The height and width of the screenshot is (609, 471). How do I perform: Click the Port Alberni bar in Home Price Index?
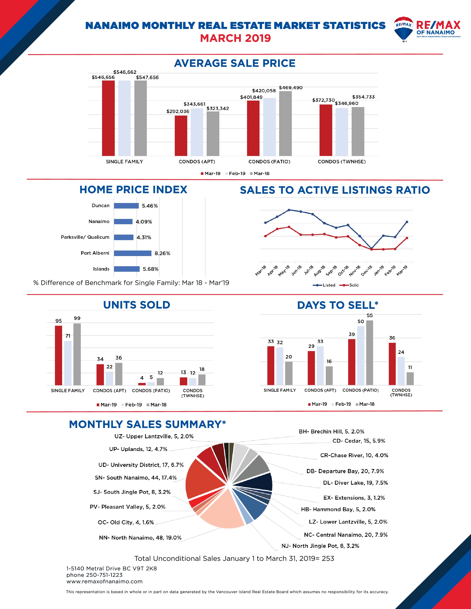[x=133, y=253]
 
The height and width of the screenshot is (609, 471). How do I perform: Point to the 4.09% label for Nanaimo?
[x=144, y=222]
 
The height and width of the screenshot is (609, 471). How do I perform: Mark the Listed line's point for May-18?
[x=289, y=210]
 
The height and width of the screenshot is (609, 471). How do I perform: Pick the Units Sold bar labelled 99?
[x=77, y=354]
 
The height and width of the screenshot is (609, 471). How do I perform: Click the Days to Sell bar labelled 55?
[x=369, y=353]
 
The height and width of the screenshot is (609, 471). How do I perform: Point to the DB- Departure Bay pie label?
[x=345, y=471]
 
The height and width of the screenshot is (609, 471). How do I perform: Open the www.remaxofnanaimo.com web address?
[x=104, y=581]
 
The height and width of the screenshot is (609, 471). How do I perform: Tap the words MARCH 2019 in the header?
[x=235, y=38]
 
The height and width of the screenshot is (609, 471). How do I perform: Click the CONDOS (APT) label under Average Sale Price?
[x=197, y=162]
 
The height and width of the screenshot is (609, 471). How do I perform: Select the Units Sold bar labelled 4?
[x=142, y=384]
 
